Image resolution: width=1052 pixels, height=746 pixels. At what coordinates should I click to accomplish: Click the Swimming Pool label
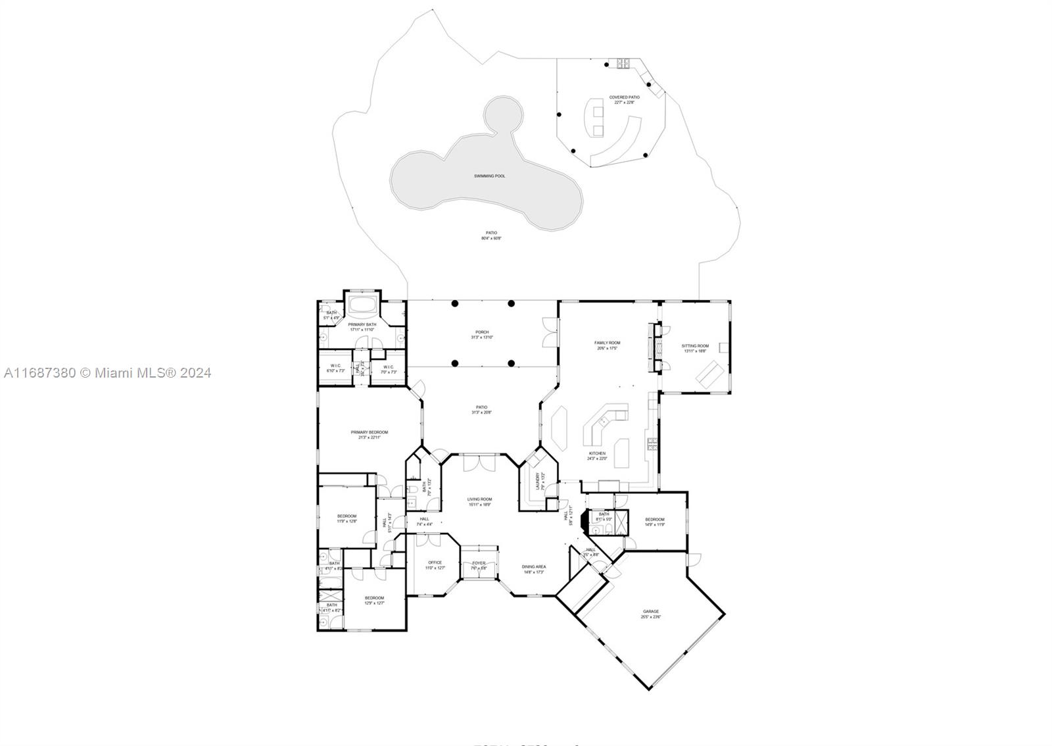[490, 176]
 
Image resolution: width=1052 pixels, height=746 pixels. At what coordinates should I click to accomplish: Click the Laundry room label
[538, 481]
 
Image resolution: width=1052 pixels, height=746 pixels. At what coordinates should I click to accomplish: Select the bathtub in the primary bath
[362, 305]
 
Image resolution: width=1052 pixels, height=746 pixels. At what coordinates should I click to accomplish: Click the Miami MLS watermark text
[107, 373]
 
